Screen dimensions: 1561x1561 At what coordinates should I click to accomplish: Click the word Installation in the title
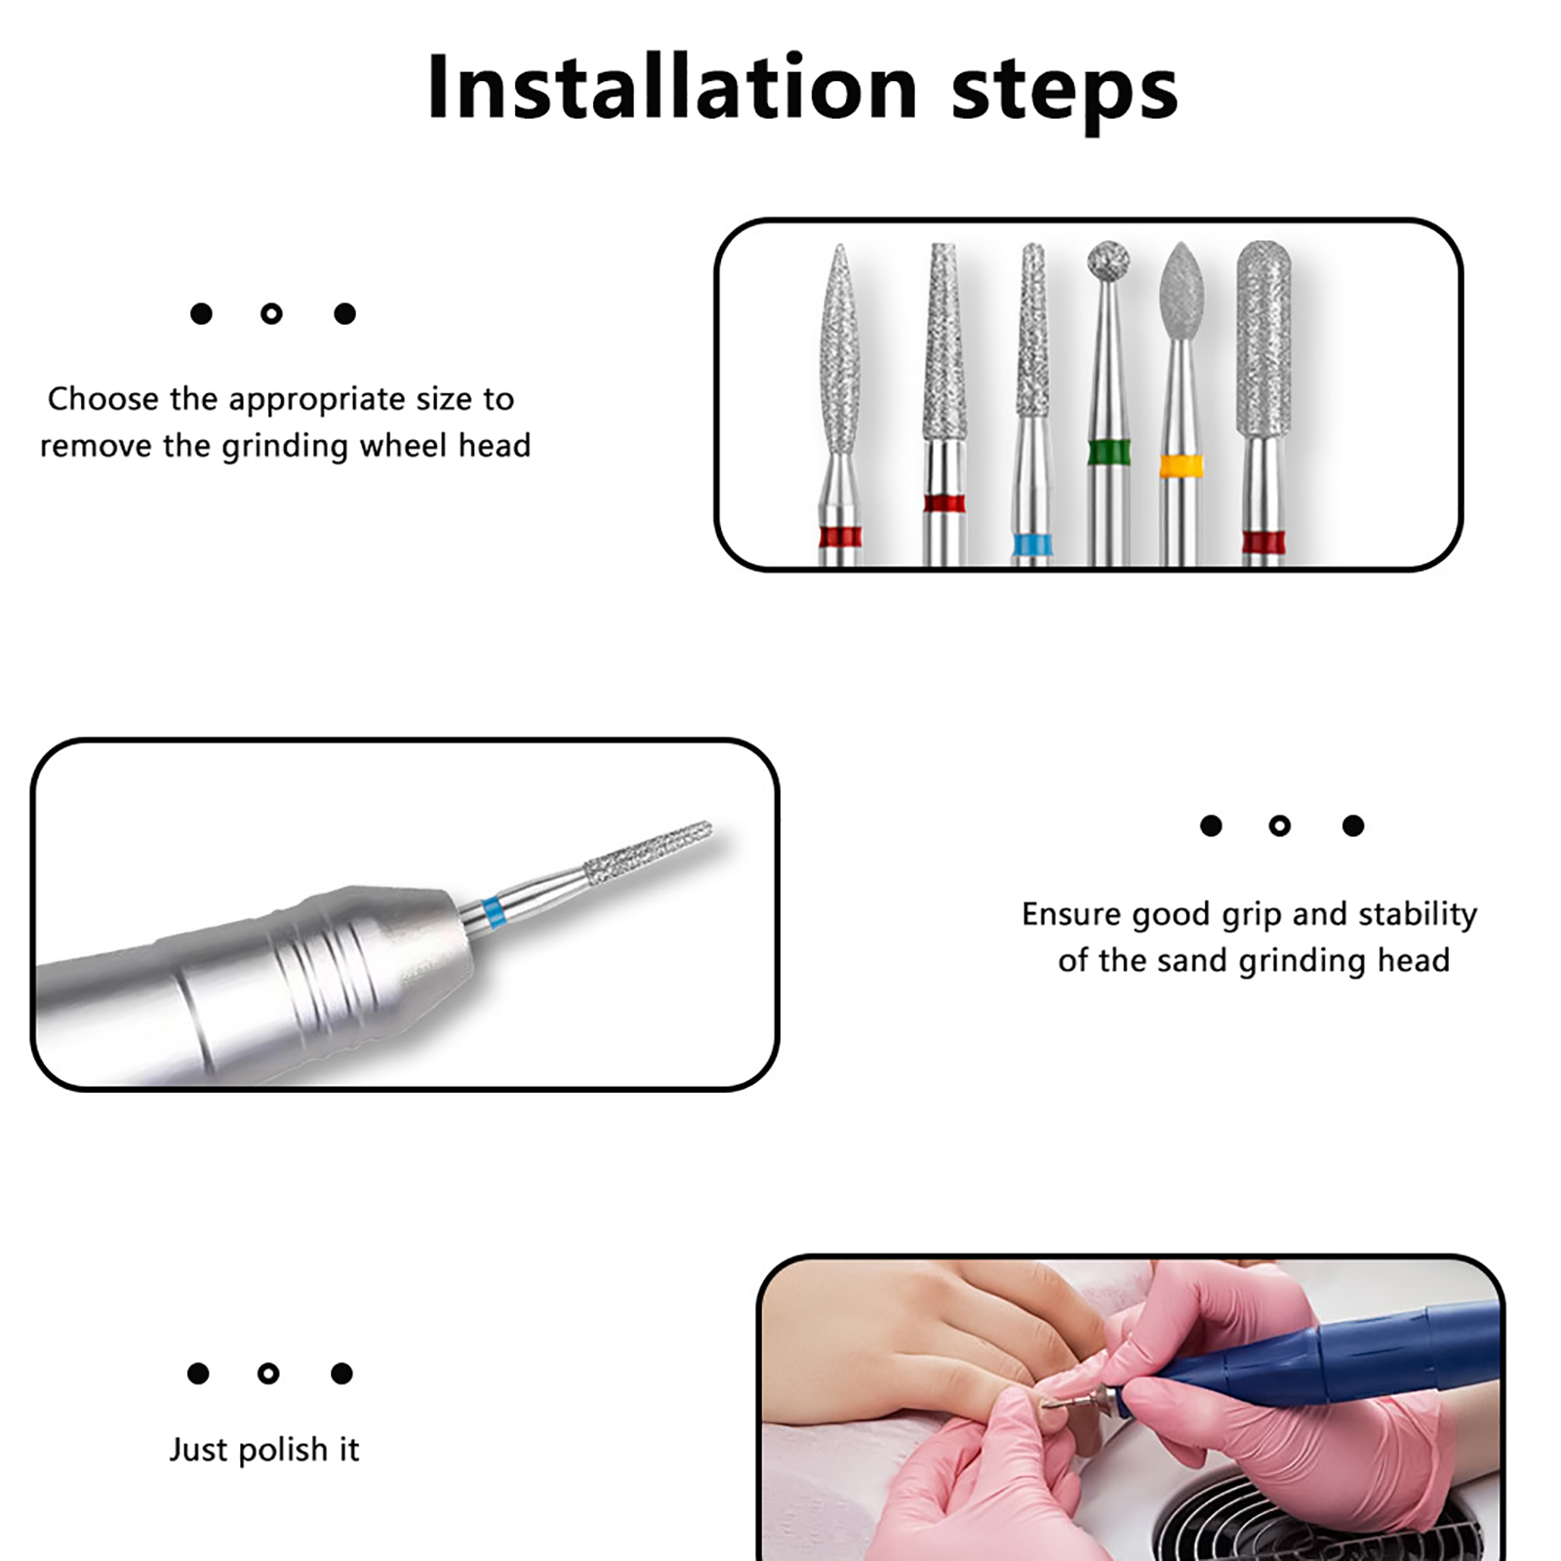(672, 87)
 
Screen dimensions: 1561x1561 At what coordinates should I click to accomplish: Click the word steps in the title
(1064, 93)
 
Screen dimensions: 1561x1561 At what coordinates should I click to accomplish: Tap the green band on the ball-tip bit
(1108, 453)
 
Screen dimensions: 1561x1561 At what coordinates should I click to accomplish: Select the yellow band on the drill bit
(1181, 465)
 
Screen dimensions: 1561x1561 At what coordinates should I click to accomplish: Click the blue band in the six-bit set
(1032, 544)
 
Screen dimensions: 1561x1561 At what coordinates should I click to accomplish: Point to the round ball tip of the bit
(1108, 260)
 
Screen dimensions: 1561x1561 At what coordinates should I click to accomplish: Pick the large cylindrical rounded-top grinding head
(1263, 338)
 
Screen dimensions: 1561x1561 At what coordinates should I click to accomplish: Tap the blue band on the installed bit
(494, 912)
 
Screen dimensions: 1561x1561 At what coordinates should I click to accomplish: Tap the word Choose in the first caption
(103, 399)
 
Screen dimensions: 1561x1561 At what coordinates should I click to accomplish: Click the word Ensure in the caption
(1071, 914)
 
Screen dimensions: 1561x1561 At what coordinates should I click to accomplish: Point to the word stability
(1418, 915)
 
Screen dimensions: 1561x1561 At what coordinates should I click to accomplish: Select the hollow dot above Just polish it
(268, 1374)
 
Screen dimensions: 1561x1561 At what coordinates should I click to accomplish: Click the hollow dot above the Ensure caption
(1280, 826)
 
